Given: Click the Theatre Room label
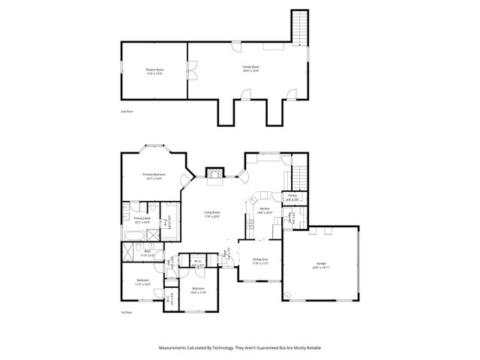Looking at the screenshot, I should click(154, 71).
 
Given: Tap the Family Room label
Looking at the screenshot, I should click(250, 69).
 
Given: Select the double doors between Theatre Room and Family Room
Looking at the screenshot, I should click(190, 70).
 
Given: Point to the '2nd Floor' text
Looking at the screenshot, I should click(127, 111).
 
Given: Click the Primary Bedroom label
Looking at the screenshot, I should click(154, 176).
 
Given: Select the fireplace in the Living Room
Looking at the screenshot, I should click(215, 177).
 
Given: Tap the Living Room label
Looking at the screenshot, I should click(212, 214).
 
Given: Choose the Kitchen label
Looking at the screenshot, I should click(267, 211).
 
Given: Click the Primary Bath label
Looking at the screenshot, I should click(142, 220).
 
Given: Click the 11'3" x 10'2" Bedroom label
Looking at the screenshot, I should click(142, 283).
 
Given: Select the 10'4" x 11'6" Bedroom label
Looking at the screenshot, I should click(198, 290).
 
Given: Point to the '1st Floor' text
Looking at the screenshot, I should click(127, 312).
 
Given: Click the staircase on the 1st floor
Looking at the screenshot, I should click(299, 175).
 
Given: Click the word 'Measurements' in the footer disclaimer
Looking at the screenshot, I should click(175, 348).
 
